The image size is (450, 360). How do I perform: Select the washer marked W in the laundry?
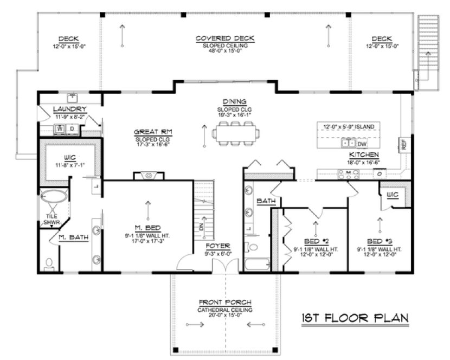tap(61, 128)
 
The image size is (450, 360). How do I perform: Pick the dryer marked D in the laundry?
tap(72, 128)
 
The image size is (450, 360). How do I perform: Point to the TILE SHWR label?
tap(51, 218)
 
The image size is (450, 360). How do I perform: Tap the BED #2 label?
tap(314, 242)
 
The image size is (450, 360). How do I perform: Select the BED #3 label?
tap(379, 242)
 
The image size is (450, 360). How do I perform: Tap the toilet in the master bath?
tap(50, 263)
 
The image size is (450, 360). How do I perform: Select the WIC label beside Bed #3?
tap(393, 193)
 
